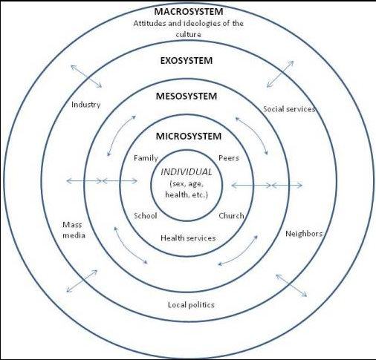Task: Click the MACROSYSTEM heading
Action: click(x=189, y=12)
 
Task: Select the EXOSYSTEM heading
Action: click(x=187, y=61)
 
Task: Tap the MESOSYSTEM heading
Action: click(x=187, y=96)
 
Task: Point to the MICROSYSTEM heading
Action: click(x=189, y=137)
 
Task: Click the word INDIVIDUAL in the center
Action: click(x=187, y=172)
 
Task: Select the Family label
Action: click(x=146, y=158)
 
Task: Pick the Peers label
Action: click(x=229, y=158)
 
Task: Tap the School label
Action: click(x=146, y=216)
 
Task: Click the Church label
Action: click(x=231, y=216)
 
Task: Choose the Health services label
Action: click(x=188, y=238)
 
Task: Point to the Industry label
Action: click(x=85, y=105)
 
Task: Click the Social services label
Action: click(x=289, y=109)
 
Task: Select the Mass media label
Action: click(x=74, y=230)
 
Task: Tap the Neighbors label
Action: click(x=304, y=234)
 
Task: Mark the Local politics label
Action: click(x=191, y=305)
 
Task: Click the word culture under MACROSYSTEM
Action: click(x=188, y=34)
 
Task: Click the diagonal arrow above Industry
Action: click(x=86, y=76)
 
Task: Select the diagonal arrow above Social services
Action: click(x=280, y=74)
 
